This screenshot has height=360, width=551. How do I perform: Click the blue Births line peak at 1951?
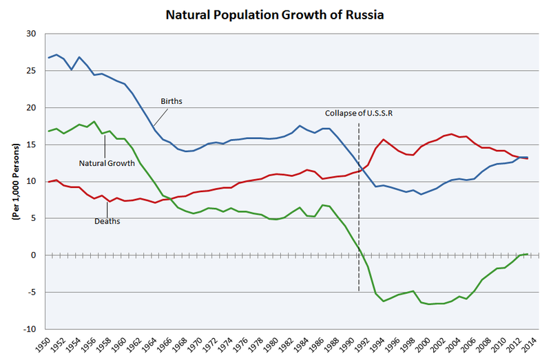(56, 54)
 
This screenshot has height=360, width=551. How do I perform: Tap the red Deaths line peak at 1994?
(384, 140)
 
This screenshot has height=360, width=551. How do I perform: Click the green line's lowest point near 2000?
(429, 304)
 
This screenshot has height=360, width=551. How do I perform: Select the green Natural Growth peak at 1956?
(94, 122)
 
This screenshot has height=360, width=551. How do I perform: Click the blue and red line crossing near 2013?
(520, 158)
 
